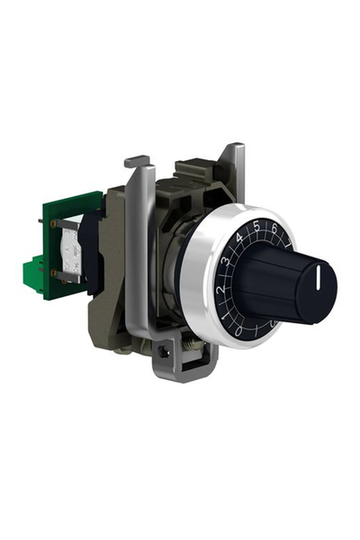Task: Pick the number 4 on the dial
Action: (x=239, y=239)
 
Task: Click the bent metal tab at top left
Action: (x=135, y=162)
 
